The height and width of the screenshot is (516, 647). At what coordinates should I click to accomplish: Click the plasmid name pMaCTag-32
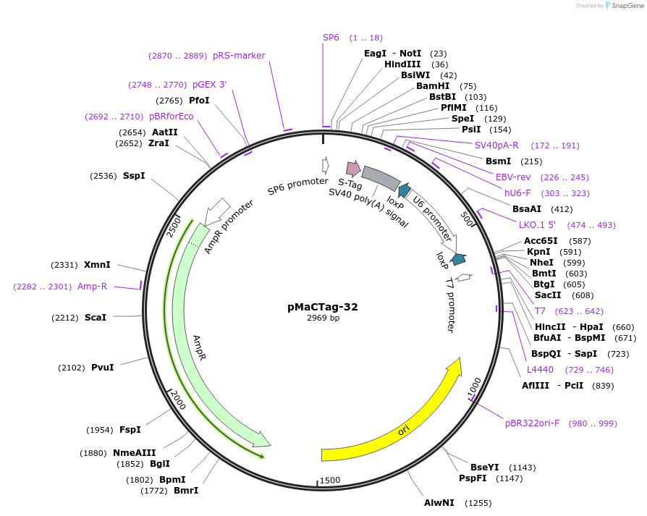(x=323, y=307)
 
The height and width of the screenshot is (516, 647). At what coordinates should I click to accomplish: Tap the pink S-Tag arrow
(x=353, y=169)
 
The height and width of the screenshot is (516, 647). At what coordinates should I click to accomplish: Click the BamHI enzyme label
(x=433, y=86)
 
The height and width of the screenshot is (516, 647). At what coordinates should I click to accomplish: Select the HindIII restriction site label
(x=402, y=64)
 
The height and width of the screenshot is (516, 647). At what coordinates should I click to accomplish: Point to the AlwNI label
(x=439, y=502)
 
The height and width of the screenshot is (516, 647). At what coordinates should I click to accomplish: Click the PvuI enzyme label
(x=102, y=368)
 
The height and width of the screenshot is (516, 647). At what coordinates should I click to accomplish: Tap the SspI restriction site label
(x=134, y=176)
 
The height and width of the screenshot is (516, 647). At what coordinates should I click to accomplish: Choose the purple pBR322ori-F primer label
(x=532, y=423)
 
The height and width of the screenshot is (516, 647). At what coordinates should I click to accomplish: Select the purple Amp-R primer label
(x=92, y=287)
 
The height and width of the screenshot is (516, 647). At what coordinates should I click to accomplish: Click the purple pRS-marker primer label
(x=239, y=56)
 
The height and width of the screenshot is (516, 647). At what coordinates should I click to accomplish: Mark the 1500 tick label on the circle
(x=330, y=481)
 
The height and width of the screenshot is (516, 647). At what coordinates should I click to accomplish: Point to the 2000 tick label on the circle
(x=178, y=399)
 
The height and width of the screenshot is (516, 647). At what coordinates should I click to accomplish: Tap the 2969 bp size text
(x=323, y=318)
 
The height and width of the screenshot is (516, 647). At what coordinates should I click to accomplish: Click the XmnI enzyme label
(x=97, y=265)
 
